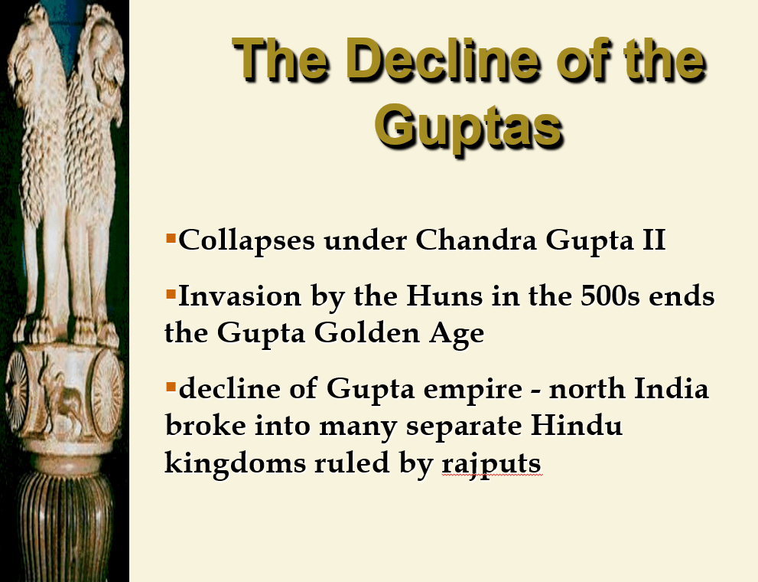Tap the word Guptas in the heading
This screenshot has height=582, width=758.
coord(469,127)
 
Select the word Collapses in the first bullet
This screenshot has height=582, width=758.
coord(246,240)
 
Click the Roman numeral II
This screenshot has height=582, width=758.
coord(653,240)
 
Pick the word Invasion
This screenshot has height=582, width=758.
coord(239,296)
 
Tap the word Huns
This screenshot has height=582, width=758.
coord(444,296)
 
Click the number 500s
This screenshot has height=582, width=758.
coord(610,296)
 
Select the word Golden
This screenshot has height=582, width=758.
coord(366,333)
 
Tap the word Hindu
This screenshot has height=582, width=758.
coord(576,426)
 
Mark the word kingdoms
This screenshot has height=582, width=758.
coord(235,464)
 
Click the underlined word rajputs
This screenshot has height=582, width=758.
coord(491,464)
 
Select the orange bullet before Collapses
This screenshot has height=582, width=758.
coord(171,238)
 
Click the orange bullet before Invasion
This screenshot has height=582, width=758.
coord(171,293)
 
